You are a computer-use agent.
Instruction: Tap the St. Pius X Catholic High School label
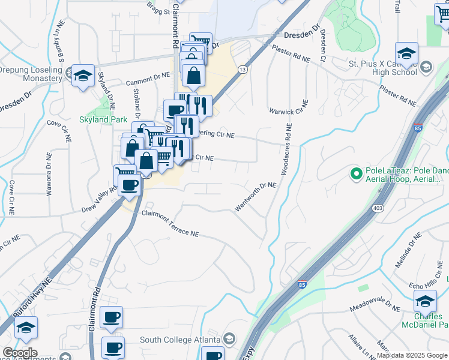pos(383,67)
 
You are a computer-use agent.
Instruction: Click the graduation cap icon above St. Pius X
pos(406,53)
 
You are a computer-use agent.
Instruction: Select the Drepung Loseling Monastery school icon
pos(83,76)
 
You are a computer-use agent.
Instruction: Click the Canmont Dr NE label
pos(148,82)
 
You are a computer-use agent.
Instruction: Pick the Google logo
pos(20,353)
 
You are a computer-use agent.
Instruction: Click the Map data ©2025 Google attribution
pos(412,355)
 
